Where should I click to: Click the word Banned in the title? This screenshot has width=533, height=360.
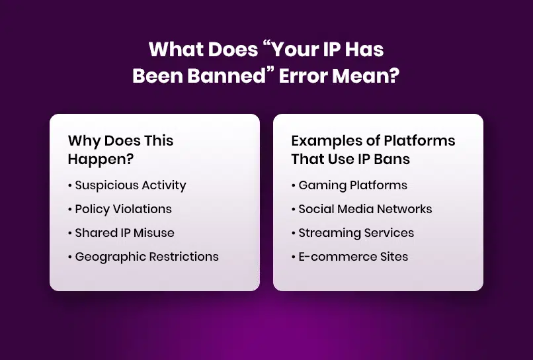[x=226, y=75]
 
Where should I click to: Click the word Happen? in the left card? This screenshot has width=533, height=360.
[x=101, y=159]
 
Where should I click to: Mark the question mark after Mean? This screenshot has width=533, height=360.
[x=394, y=75]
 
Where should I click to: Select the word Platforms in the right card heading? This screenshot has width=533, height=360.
[x=419, y=140]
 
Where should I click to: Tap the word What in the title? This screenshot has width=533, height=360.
[x=177, y=50]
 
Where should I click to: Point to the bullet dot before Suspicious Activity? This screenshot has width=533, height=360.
[x=70, y=186]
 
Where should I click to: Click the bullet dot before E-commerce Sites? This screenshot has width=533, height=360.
[x=294, y=257]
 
